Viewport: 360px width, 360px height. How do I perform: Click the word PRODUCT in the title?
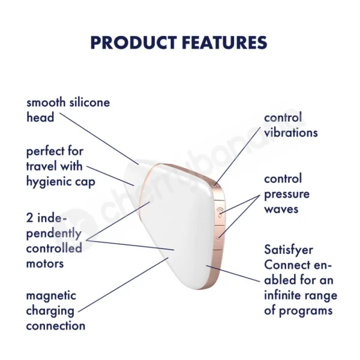(131, 43)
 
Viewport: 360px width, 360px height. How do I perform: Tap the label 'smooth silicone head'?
(68, 110)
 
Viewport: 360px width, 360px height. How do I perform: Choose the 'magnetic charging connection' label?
(56, 311)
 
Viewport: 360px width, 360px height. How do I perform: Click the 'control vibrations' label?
(290, 125)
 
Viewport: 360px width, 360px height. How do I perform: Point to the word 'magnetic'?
(51, 296)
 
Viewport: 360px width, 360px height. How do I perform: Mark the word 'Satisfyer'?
(289, 250)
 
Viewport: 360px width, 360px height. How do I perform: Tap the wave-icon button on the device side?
(220, 211)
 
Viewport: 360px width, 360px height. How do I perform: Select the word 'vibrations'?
(290, 133)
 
